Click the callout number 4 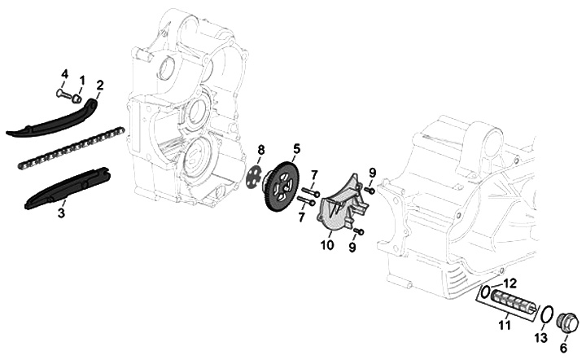[x=64, y=75]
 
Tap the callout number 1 [x=81, y=79]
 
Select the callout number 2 [x=100, y=84]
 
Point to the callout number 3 [x=62, y=213]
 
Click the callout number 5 [x=297, y=148]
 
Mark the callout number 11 [x=504, y=326]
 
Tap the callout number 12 [x=512, y=283]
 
